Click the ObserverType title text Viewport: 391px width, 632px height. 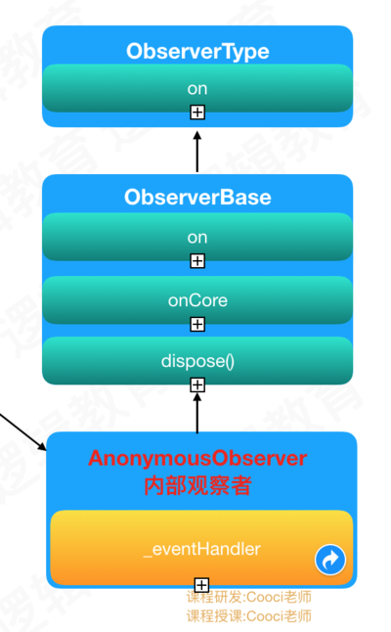(197, 52)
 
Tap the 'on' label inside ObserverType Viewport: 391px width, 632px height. (197, 89)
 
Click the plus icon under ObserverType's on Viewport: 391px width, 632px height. (197, 113)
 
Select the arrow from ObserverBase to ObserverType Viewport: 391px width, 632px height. (197, 152)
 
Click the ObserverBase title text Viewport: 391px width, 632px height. (197, 197)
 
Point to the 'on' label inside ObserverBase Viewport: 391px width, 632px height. (197, 238)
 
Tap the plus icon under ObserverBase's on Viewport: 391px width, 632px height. (197, 261)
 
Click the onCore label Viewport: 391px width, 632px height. (197, 300)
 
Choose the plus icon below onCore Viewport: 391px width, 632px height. (197, 324)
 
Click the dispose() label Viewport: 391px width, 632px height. (197, 361)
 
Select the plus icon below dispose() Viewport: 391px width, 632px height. (197, 384)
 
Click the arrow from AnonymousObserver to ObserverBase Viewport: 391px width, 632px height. (197, 413)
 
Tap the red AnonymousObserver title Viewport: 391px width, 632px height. (197, 458)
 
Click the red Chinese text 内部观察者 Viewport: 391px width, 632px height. (197, 485)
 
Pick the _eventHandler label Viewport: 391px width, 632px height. (202, 550)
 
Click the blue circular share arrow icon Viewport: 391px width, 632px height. (330, 560)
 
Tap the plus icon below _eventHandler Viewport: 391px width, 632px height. (201, 584)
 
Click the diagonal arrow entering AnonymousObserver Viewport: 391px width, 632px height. (22, 431)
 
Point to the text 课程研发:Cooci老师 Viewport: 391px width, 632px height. (249, 597)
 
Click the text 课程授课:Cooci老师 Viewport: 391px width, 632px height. (249, 616)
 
